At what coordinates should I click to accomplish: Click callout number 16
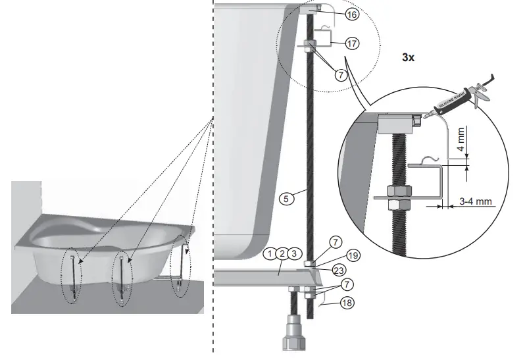point(353,14)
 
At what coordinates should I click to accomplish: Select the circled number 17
point(353,43)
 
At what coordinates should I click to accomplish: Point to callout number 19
point(353,254)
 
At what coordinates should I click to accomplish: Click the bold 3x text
point(408,57)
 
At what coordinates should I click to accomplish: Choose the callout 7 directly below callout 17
point(339,75)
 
